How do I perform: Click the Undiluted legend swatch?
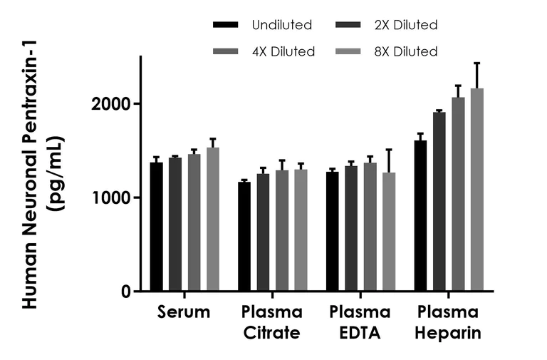(x=226, y=26)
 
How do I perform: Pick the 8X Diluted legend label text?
(x=407, y=51)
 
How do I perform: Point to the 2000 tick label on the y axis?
(x=113, y=104)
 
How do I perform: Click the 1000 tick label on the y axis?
(x=113, y=197)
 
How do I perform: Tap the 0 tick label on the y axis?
(x=127, y=292)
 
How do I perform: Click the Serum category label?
(x=184, y=312)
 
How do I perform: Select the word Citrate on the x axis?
(x=272, y=333)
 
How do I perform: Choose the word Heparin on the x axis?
(x=449, y=333)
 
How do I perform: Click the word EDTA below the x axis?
(x=360, y=333)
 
